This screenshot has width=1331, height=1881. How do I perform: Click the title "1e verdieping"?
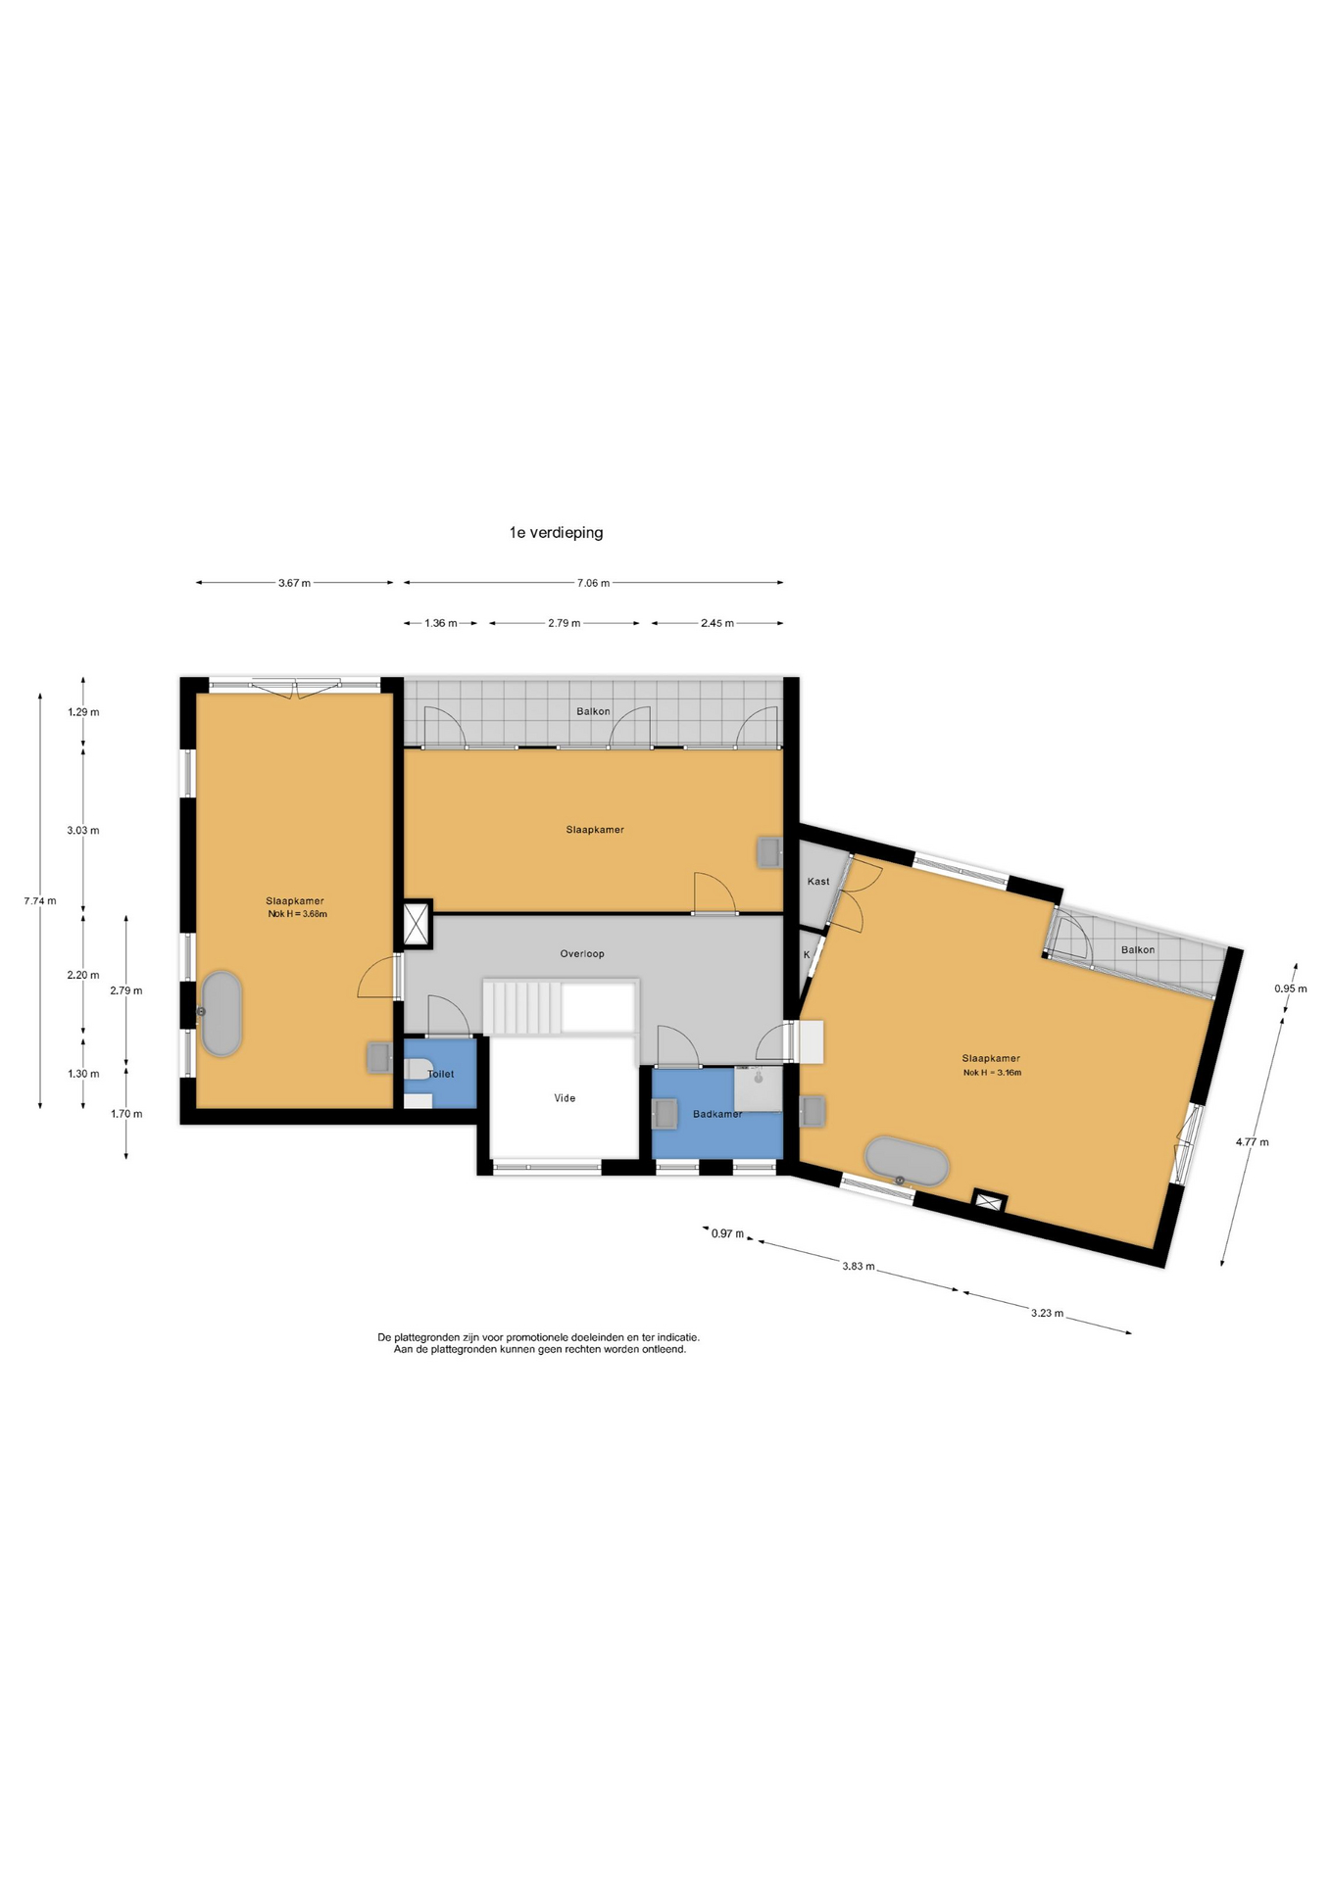coord(556,533)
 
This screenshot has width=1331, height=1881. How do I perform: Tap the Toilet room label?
coord(441,1074)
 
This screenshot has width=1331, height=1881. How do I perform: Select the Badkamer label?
coord(717,1114)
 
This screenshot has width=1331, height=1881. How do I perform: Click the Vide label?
coord(565,1098)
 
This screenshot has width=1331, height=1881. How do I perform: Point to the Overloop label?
coord(582,953)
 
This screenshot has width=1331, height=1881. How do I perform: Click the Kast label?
coord(818,882)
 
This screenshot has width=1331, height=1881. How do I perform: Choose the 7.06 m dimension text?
coord(593,583)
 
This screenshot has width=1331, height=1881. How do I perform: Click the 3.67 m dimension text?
coord(294,583)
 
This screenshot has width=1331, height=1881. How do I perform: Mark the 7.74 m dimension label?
coord(40,901)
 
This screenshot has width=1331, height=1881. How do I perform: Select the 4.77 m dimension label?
coord(1252,1141)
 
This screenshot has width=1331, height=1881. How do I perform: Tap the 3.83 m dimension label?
coord(859,1266)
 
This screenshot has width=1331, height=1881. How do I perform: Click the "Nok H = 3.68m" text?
coord(297,914)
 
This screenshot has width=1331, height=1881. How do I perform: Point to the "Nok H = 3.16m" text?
coord(992,1073)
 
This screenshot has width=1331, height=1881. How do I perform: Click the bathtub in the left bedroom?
coord(222,1014)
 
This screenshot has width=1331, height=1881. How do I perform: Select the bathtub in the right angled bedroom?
coord(907,1163)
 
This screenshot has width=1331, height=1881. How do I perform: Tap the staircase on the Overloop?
coord(561,1006)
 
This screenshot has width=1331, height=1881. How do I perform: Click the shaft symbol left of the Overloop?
coord(418,925)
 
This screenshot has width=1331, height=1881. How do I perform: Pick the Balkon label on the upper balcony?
coord(593,711)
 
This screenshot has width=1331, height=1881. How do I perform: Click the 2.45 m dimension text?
coord(717,623)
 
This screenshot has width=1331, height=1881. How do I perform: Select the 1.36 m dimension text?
coord(441,623)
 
